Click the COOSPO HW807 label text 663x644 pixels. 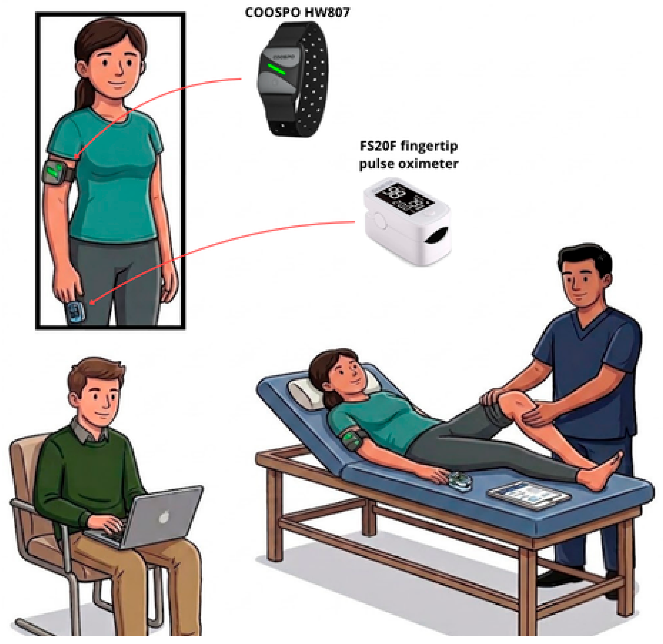pos(297,13)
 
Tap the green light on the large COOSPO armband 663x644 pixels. pos(276,69)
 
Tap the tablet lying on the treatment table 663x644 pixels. pos(529,495)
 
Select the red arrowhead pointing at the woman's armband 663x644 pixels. pos(77,156)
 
